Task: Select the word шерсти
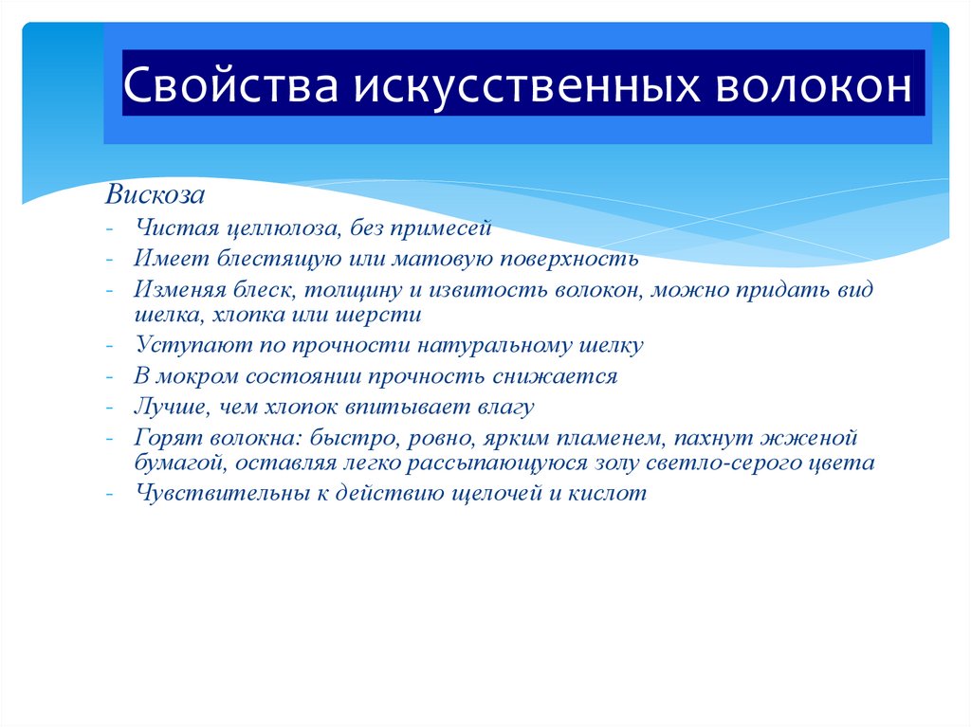[385, 314]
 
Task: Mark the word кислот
[614, 494]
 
